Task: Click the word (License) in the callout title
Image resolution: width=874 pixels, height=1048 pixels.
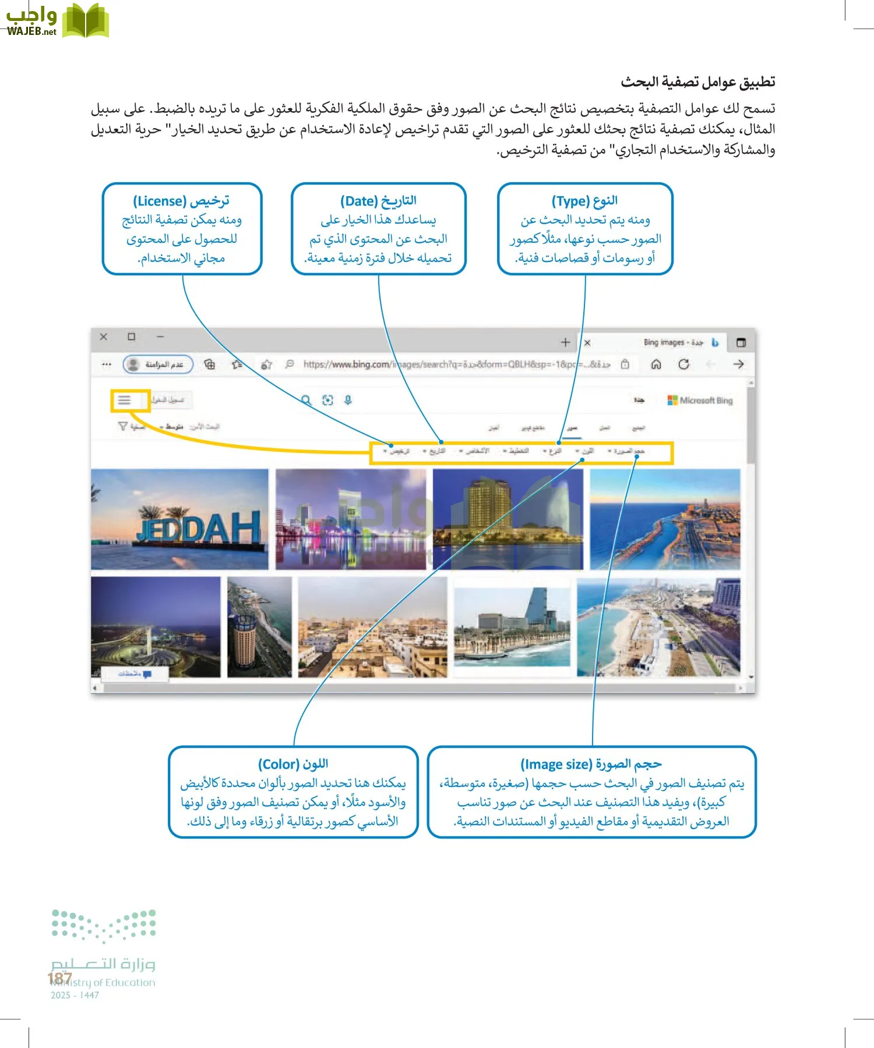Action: (x=159, y=201)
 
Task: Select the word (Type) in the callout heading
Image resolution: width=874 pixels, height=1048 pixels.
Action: (x=570, y=201)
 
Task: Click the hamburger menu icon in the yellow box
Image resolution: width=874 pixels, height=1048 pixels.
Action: (x=124, y=400)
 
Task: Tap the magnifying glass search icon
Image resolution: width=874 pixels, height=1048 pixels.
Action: (x=306, y=400)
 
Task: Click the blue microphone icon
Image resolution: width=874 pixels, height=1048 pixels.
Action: (x=348, y=400)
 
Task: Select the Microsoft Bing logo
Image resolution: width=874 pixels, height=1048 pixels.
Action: (x=700, y=401)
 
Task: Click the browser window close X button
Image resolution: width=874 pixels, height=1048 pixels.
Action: (x=104, y=337)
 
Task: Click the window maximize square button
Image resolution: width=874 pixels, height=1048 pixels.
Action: (x=132, y=337)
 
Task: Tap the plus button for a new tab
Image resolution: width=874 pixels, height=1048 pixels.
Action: (x=565, y=342)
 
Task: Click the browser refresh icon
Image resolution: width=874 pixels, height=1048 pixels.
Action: (x=683, y=364)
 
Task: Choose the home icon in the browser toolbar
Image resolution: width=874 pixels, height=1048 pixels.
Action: (x=656, y=364)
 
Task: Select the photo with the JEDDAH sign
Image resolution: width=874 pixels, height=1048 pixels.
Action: (x=180, y=519)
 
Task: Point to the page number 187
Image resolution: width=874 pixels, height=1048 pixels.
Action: (x=59, y=978)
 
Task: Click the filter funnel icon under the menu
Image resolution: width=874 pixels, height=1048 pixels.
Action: (x=123, y=426)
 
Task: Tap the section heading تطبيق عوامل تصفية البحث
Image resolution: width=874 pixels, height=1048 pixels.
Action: (x=697, y=82)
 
